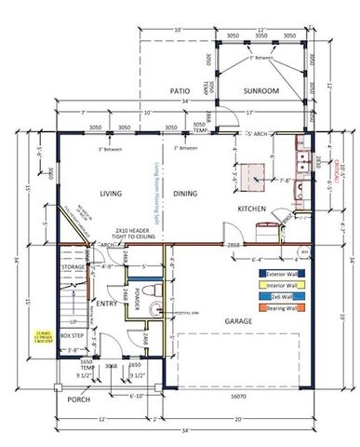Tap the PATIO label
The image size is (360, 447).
coord(179,91)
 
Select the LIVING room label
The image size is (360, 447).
coord(112,193)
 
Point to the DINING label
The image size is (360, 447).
coord(184,193)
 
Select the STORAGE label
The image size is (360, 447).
coord(73,266)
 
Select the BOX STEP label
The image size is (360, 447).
coord(73,334)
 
